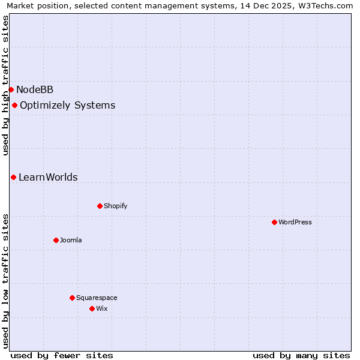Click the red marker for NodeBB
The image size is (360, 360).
[x=11, y=90]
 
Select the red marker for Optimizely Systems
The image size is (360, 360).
[x=14, y=106]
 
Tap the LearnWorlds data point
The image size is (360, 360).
[x=13, y=178]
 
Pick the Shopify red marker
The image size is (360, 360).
[x=100, y=206]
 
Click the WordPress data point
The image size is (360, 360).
[x=274, y=223]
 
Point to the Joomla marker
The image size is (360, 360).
[x=56, y=241]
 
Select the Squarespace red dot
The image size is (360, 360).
[x=72, y=298]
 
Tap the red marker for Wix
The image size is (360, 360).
[x=92, y=309]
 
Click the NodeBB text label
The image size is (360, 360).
[x=35, y=90]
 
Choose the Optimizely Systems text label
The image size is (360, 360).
[x=67, y=106]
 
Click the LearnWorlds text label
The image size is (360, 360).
[x=48, y=178]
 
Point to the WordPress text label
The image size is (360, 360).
[x=295, y=223]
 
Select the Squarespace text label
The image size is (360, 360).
[x=97, y=298]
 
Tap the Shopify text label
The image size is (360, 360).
[x=115, y=206]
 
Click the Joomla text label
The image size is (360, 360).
[x=71, y=241]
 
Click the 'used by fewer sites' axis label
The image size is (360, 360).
[x=62, y=356]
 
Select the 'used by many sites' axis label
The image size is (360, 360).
[x=301, y=356]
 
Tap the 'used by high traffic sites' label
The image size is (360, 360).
[x=5, y=85]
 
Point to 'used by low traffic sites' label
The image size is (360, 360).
[x=5, y=281]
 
